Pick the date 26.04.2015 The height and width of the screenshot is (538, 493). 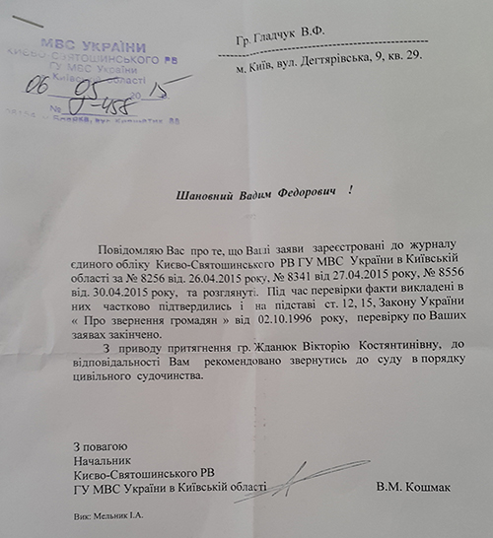228,282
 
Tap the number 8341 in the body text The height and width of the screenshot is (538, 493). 314,282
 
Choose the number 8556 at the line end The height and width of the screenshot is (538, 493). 442,282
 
